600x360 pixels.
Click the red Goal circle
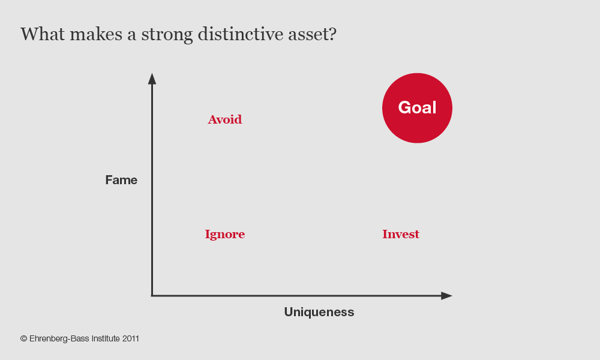pyautogui.click(x=417, y=108)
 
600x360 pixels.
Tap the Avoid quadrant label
pyautogui.click(x=224, y=119)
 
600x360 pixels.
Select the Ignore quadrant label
pyautogui.click(x=224, y=234)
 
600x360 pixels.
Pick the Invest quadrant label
pyautogui.click(x=401, y=234)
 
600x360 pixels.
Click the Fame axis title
pyautogui.click(x=121, y=180)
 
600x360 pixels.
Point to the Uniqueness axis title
pyautogui.click(x=319, y=312)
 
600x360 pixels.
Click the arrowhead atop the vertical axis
pyautogui.click(x=152, y=79)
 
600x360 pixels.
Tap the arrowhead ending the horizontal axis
pyautogui.click(x=446, y=296)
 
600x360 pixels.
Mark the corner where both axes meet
pyautogui.click(x=152, y=296)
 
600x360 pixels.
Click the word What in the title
pyautogui.click(x=43, y=34)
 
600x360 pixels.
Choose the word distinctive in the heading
pyautogui.click(x=240, y=34)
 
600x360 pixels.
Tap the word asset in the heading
pyautogui.click(x=308, y=34)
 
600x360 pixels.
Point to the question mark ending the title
pyautogui.click(x=333, y=34)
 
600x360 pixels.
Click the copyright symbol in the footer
pyautogui.click(x=24, y=338)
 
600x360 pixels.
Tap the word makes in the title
pyautogui.click(x=96, y=34)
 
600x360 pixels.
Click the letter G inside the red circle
pyautogui.click(x=404, y=107)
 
